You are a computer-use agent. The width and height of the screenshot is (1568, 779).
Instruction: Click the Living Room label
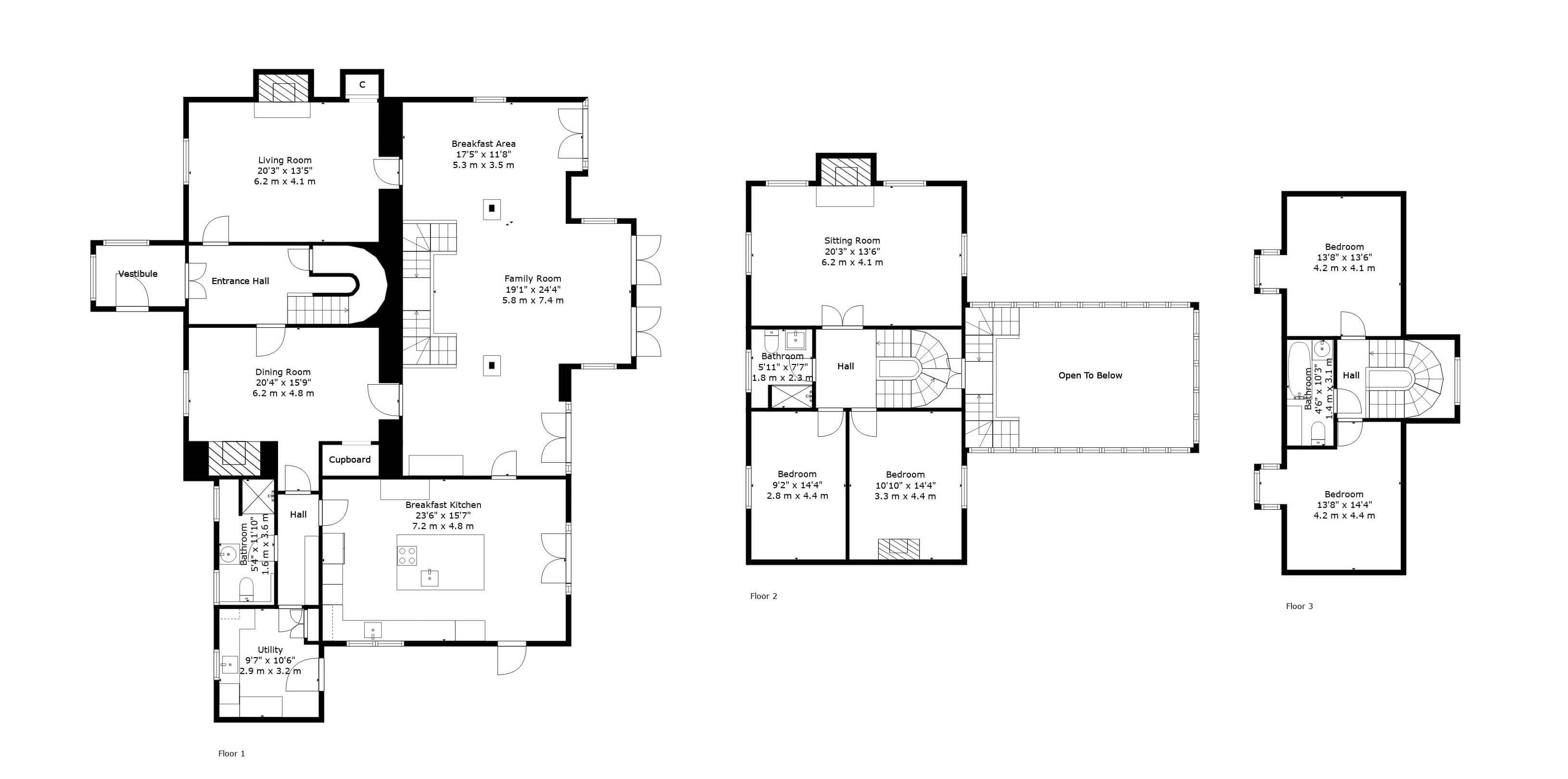[285, 160]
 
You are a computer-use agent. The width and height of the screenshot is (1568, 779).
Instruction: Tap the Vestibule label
[138, 273]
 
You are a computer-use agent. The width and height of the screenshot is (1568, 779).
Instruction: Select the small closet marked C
[362, 85]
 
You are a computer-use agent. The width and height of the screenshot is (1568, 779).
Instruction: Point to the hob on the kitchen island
[408, 555]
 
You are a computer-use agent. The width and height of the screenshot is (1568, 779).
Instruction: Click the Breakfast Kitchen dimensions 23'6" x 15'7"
[443, 515]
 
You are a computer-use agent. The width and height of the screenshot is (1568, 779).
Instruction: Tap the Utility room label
[270, 649]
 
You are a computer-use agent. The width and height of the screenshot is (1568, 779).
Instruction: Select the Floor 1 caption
[232, 753]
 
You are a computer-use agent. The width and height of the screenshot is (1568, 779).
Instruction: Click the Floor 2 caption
[764, 596]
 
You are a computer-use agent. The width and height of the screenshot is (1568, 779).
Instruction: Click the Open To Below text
[1090, 375]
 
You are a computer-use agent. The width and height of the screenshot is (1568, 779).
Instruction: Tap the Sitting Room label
[852, 241]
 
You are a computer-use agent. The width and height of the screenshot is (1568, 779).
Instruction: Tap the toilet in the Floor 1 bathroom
[247, 588]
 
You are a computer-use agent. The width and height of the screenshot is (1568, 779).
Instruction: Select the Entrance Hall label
[240, 281]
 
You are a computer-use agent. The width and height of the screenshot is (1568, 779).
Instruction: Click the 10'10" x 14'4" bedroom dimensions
[905, 485]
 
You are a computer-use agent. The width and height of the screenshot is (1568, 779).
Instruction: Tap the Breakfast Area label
[483, 144]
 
